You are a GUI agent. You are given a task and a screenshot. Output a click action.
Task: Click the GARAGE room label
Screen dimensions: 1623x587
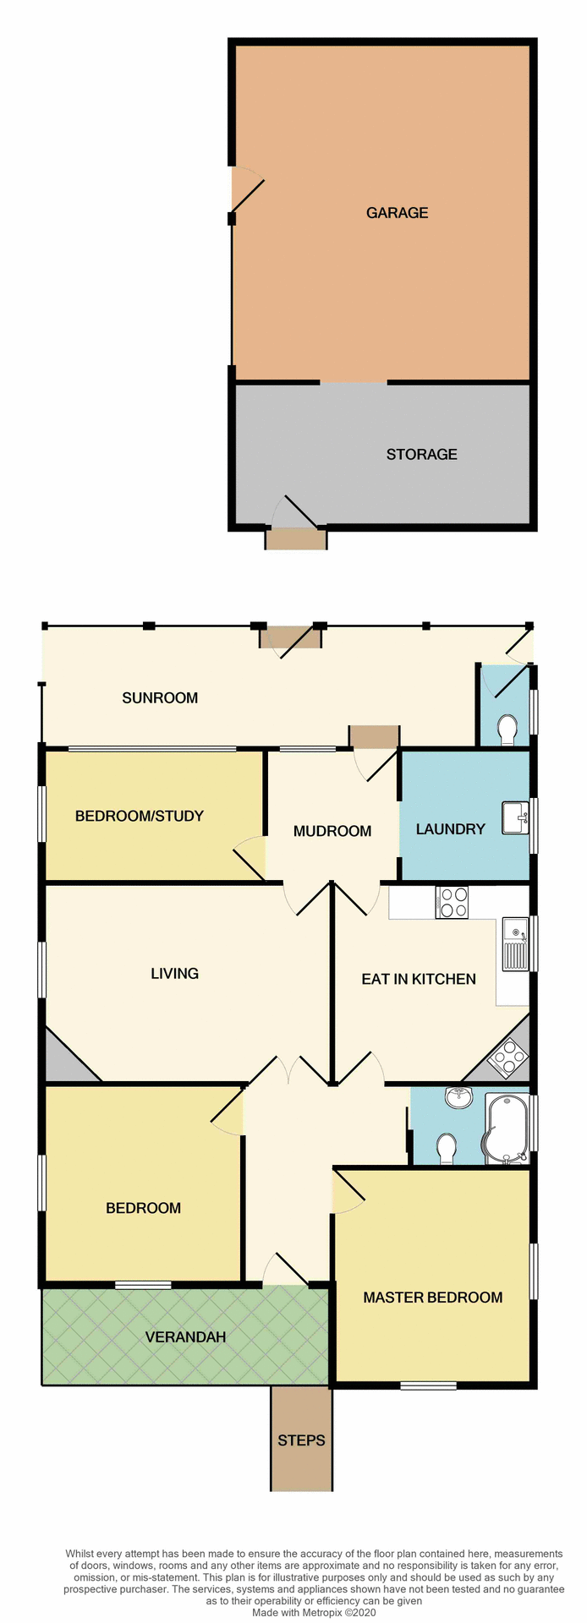(397, 213)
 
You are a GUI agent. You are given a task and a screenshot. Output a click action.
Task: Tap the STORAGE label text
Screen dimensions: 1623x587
(421, 455)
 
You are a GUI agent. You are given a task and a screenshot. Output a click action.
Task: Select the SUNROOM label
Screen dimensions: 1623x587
(160, 698)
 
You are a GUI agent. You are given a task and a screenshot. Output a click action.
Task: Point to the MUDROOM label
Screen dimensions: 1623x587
(332, 832)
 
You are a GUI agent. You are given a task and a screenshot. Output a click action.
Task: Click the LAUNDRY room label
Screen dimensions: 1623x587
(450, 829)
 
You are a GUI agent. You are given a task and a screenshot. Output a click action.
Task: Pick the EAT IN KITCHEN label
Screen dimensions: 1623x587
(419, 980)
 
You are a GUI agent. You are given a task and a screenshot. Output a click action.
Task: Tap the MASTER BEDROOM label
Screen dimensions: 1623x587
(432, 1298)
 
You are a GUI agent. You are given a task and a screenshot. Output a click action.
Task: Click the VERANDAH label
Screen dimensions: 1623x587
(185, 1337)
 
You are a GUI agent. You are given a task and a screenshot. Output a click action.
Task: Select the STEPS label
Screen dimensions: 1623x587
(301, 1440)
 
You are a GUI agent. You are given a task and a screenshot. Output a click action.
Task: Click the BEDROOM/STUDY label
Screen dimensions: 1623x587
(140, 817)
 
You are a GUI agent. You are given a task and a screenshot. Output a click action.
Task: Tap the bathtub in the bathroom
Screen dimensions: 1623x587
(506, 1128)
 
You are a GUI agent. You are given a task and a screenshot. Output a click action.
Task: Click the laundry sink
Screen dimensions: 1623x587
(514, 817)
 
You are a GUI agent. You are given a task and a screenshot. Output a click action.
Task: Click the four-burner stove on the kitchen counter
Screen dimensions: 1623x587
(452, 901)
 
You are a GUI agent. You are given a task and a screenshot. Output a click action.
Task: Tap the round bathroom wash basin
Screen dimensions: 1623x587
(459, 1097)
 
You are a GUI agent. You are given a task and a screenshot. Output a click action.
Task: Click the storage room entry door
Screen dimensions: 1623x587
(296, 512)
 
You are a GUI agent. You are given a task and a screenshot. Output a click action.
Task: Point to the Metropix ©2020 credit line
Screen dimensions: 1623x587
(313, 1613)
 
